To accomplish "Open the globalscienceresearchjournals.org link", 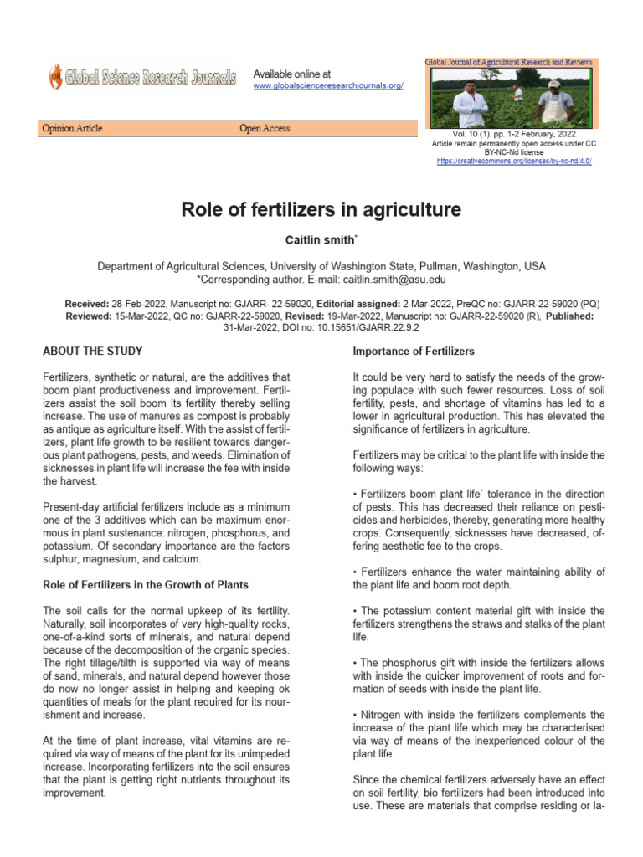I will (x=328, y=86).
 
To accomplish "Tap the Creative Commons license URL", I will (x=514, y=161).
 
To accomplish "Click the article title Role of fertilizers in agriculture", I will (x=321, y=209).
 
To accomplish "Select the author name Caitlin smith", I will (x=320, y=240).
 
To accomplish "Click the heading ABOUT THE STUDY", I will (x=92, y=351).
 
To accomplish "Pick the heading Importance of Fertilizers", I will (x=414, y=351).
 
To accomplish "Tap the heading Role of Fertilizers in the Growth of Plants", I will (x=146, y=584).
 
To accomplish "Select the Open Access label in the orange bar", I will (x=265, y=128).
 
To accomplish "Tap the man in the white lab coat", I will (x=470, y=105).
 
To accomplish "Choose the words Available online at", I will (x=292, y=74).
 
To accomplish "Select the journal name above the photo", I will (x=511, y=63).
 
